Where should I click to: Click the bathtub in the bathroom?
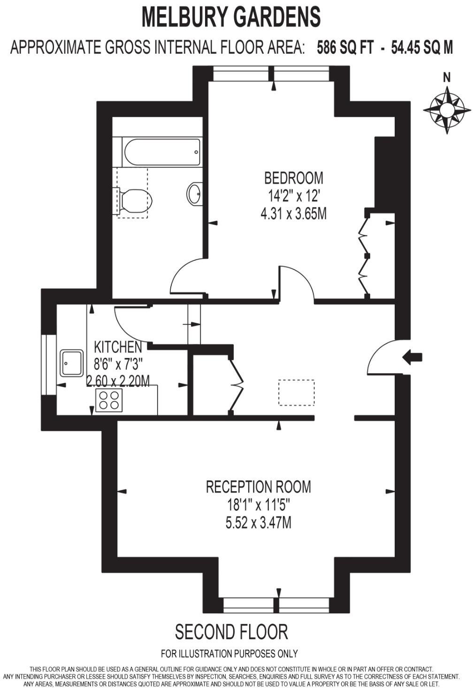(x=162, y=151)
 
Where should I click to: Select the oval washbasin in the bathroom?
(x=195, y=193)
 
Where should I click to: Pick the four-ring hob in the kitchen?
(x=109, y=400)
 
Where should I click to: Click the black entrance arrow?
(x=412, y=357)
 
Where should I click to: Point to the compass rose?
(x=447, y=110)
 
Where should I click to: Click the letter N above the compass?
(x=447, y=78)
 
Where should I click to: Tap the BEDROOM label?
(x=294, y=178)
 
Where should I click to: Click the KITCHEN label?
(x=118, y=347)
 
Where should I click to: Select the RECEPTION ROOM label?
(x=259, y=486)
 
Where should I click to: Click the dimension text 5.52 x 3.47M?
(x=259, y=523)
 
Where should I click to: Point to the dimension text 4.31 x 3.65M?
(x=294, y=214)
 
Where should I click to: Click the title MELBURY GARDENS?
(x=231, y=17)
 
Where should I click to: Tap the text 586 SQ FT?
(x=345, y=47)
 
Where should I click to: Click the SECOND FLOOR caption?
(x=231, y=632)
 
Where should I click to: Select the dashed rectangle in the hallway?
(x=296, y=392)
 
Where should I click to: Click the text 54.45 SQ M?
(x=422, y=47)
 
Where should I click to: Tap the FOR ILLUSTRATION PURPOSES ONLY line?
(x=229, y=653)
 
